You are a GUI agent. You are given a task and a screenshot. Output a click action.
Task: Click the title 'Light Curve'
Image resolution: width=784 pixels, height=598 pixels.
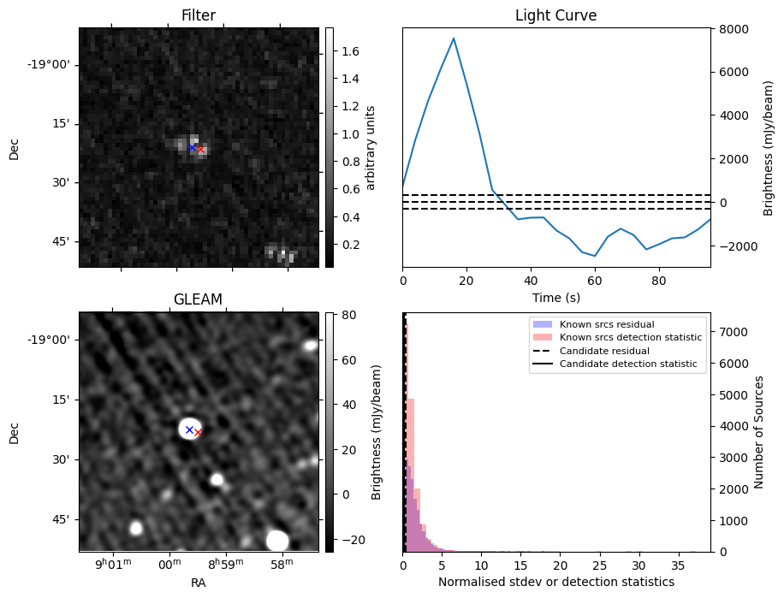[x=555, y=15]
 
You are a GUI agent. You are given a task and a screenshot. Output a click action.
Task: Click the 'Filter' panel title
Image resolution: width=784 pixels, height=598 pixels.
[x=199, y=15]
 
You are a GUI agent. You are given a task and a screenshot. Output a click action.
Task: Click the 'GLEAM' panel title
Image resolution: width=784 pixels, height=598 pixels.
[x=198, y=299]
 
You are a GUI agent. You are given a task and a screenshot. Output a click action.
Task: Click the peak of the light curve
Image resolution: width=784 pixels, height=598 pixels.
[x=454, y=38]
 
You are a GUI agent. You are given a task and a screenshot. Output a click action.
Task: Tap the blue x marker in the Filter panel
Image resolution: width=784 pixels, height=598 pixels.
[x=192, y=147]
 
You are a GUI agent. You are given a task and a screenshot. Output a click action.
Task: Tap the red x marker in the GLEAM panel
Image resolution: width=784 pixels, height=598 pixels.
[x=198, y=433]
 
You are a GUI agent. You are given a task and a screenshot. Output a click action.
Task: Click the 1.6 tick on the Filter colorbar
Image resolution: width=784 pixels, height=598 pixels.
[x=350, y=51]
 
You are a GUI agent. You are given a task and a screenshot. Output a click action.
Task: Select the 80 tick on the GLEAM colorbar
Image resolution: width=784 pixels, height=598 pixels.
[x=347, y=316]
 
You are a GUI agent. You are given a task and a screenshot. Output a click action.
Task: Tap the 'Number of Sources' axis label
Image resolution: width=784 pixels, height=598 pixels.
[x=758, y=432]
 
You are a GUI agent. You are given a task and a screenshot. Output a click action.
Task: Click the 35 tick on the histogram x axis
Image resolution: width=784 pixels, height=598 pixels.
[x=677, y=564]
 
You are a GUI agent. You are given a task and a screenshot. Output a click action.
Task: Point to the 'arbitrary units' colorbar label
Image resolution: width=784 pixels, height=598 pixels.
[x=371, y=147]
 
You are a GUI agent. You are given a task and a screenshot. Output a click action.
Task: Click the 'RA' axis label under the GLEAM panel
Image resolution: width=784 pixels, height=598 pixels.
[x=199, y=583]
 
